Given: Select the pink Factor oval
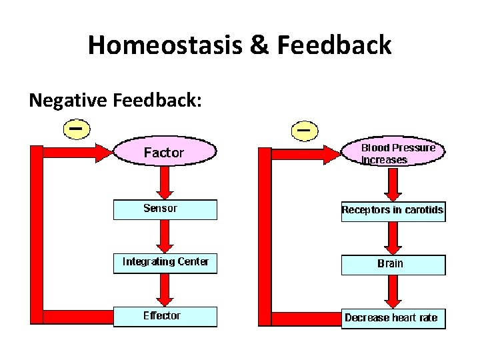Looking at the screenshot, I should click(x=165, y=153).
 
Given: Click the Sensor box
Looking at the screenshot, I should click(x=165, y=209).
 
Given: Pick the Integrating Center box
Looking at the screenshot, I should click(x=165, y=262).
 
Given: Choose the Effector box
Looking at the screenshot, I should click(x=165, y=316).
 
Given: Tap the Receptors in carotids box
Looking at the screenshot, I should click(x=393, y=211).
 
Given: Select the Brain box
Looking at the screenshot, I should click(x=393, y=264).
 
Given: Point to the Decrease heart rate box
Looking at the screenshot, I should click(x=393, y=317).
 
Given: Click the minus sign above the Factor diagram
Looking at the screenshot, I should click(x=77, y=127).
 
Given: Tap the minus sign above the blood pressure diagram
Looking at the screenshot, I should click(x=304, y=129).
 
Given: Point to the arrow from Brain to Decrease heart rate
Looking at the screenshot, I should click(x=393, y=291).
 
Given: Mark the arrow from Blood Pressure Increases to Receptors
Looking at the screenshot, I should click(x=393, y=185).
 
